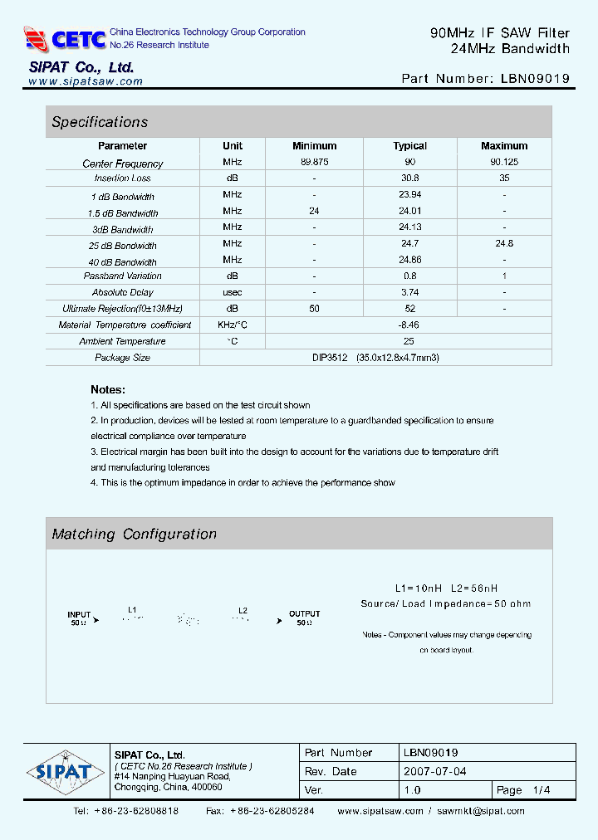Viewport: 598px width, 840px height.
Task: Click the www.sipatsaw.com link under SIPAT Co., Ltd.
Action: tap(86, 81)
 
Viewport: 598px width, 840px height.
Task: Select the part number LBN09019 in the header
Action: tap(535, 79)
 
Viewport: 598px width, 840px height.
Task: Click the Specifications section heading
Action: tap(100, 122)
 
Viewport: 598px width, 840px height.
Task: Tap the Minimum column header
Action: tap(314, 146)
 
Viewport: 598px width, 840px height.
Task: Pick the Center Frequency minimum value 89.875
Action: tap(314, 163)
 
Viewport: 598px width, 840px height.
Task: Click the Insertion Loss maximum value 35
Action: tap(503, 178)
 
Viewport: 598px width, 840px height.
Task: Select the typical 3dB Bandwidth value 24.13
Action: tap(409, 227)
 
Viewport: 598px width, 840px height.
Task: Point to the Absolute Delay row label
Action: tap(122, 292)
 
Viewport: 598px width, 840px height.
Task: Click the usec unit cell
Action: tap(233, 292)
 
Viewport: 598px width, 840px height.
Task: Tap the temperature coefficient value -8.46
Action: tap(409, 325)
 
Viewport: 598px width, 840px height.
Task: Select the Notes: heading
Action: tap(108, 389)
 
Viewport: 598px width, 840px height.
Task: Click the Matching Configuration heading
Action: tap(134, 535)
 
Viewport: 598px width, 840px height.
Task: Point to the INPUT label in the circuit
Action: tap(79, 615)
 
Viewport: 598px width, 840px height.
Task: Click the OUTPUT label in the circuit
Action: tap(304, 614)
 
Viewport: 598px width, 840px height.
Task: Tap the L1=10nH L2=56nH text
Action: tap(445, 588)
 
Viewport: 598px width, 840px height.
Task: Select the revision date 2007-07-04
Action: tap(435, 771)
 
